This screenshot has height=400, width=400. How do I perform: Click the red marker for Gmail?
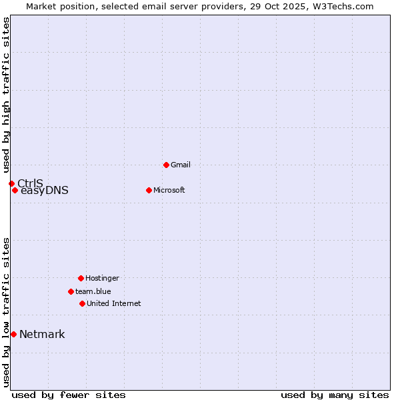coord(166,165)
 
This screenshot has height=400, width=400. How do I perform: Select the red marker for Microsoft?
coord(149,190)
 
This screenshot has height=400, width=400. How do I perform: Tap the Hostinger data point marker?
coord(81,278)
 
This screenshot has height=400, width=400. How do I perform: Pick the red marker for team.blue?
coord(71,291)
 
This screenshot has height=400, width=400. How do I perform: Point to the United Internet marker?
coord(82,303)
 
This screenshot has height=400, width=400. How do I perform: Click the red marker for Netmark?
coord(13,334)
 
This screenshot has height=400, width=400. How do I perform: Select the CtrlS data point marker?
coord(11,183)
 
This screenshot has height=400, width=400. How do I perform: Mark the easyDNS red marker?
coord(15,190)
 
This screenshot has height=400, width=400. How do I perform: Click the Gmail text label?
coord(181,165)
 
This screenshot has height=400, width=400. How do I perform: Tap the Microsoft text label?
coord(169,190)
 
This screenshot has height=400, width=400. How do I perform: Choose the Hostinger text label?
coord(102,278)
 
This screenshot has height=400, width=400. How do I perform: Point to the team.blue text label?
coord(93,291)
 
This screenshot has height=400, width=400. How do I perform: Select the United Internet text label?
coord(113,303)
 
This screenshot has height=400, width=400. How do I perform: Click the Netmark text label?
coord(42,334)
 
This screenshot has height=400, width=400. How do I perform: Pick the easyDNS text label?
coord(45,191)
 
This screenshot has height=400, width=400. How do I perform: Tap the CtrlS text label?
coord(30,183)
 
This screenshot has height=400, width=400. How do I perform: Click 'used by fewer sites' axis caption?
coord(69,395)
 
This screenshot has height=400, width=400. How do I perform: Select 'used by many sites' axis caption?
coord(335,395)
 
